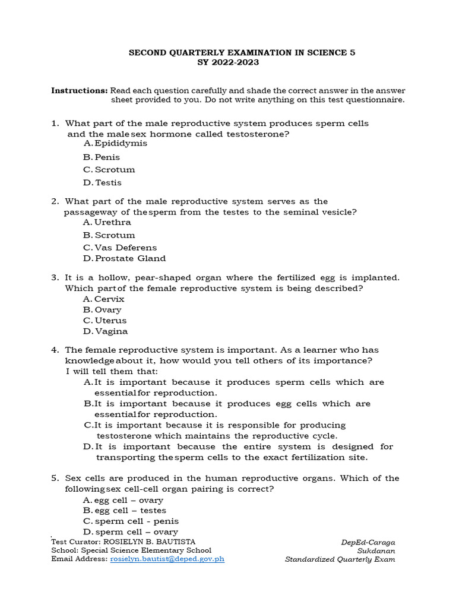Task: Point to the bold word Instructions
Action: [80, 90]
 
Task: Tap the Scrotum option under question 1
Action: [115, 170]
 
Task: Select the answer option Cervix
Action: [109, 299]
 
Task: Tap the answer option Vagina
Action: [111, 332]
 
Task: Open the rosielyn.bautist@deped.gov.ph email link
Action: [167, 559]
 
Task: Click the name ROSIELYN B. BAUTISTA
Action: [149, 542]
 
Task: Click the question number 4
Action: [54, 350]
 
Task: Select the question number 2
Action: [54, 202]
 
